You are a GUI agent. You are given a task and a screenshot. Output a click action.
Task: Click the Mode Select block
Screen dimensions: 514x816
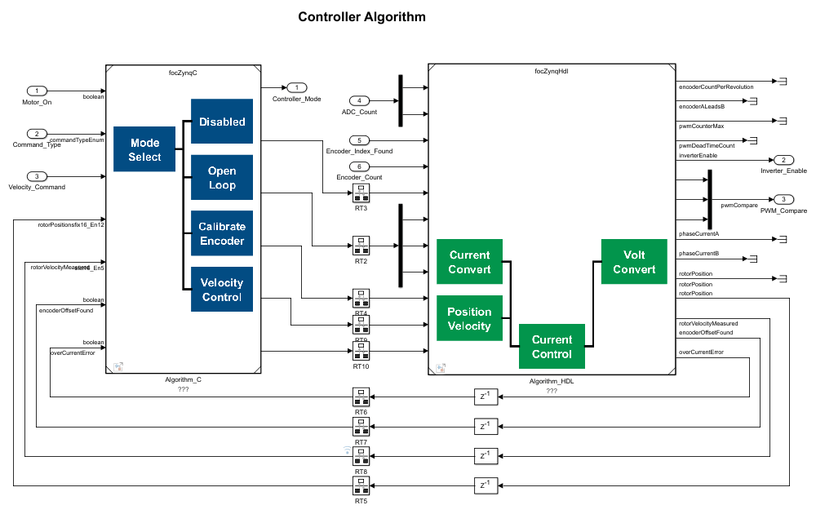(144, 149)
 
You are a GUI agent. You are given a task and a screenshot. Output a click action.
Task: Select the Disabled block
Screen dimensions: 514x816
(222, 122)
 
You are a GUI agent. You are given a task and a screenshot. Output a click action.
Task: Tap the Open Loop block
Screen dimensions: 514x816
(222, 178)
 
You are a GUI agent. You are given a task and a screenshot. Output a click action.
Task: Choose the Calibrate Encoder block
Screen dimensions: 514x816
(222, 233)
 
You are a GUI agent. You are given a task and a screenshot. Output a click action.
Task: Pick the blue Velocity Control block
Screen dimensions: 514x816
(222, 289)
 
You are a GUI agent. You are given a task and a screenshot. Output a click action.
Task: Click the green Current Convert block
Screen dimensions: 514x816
(469, 262)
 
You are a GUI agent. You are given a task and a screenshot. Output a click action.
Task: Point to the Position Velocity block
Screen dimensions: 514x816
(469, 318)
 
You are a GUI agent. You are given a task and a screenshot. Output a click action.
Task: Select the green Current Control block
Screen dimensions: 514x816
(552, 346)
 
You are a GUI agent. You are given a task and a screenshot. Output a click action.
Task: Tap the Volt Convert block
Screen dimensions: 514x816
(634, 262)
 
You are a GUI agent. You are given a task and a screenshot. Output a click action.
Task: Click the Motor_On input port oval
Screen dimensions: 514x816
(37, 91)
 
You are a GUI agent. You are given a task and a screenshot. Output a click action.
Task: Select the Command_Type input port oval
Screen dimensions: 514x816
(37, 134)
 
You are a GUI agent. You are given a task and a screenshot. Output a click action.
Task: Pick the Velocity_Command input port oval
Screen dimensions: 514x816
(37, 175)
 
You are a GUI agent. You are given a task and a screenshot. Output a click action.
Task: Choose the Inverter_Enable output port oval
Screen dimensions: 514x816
(783, 160)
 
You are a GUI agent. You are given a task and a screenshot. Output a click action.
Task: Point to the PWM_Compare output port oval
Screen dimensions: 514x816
(783, 199)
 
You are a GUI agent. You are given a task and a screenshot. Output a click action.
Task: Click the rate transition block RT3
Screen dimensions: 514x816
(361, 193)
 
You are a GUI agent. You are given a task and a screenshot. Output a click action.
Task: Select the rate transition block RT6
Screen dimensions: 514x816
(361, 397)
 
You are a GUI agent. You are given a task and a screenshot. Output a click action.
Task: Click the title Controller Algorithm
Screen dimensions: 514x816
(361, 16)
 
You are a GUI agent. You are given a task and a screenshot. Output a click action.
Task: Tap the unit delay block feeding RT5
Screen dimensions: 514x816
(485, 485)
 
